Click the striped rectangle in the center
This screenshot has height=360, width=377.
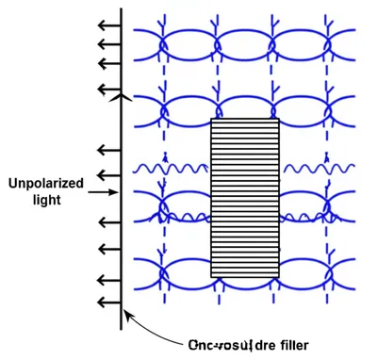tap(245, 198)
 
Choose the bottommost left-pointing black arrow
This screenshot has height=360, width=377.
tap(109, 302)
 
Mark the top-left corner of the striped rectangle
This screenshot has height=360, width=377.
tap(211, 119)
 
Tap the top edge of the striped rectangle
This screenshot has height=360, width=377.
tap(245, 119)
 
